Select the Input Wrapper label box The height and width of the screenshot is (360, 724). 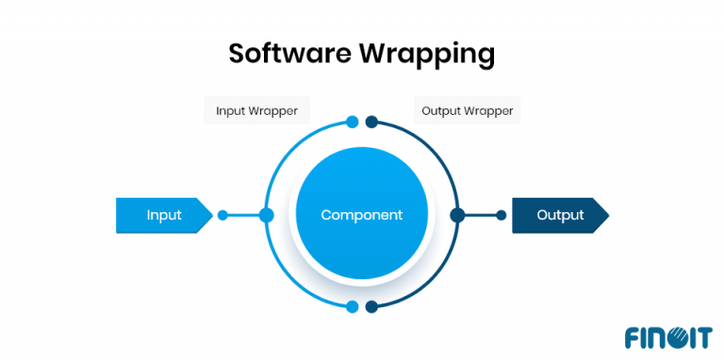(x=256, y=111)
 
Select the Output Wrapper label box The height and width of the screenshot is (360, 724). (x=468, y=111)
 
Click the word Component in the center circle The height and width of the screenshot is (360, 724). (x=361, y=215)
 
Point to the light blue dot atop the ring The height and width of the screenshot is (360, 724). (x=352, y=122)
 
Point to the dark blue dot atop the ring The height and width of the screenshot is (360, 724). (x=371, y=122)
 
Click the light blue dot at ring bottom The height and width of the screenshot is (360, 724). (x=352, y=306)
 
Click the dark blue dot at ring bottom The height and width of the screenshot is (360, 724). (x=371, y=306)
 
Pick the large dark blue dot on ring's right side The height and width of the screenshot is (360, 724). (x=457, y=215)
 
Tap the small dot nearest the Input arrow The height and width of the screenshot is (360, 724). (x=222, y=215)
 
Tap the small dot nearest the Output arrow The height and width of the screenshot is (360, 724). (x=502, y=215)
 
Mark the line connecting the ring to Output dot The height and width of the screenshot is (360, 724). (x=480, y=215)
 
